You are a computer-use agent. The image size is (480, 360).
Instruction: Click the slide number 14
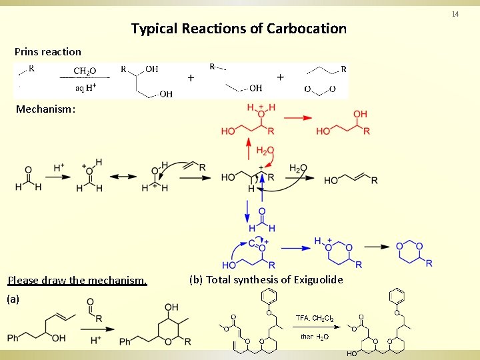[455, 14]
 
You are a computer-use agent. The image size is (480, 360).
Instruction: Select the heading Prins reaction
[48, 51]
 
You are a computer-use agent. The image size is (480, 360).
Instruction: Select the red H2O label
[265, 151]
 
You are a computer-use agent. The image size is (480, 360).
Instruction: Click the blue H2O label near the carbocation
[299, 169]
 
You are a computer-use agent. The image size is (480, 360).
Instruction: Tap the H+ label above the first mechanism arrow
[59, 166]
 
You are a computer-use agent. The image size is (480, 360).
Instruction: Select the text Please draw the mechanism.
[77, 280]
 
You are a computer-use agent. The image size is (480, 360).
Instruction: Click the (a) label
[13, 299]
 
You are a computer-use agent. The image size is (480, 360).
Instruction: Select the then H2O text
[315, 336]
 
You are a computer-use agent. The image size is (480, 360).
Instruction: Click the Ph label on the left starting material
[13, 339]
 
